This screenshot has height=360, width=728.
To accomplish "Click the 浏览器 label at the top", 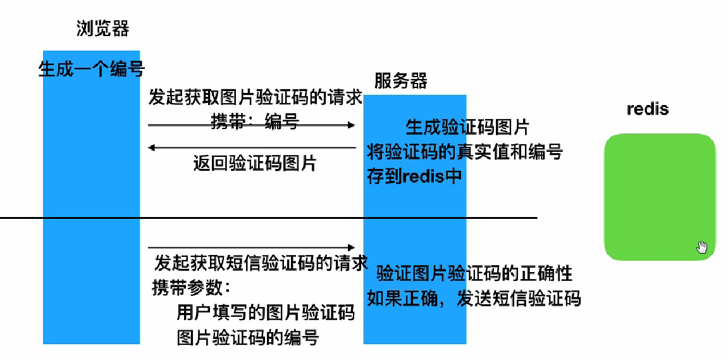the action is tap(103, 28).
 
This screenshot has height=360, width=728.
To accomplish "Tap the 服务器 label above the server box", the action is tap(400, 81).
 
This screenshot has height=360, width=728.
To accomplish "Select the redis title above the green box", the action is tap(648, 109).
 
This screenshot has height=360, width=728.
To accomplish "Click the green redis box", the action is tap(659, 196).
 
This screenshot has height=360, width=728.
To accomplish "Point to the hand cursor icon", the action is tap(701, 247).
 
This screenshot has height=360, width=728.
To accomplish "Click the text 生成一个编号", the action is tap(92, 69).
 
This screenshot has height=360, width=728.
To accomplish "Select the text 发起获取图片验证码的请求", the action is tap(256, 98).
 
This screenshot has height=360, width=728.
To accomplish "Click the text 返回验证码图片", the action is tap(254, 164).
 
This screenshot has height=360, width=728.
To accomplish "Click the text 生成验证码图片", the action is tap(467, 128).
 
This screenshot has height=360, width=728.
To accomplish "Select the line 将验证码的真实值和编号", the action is tap(465, 152).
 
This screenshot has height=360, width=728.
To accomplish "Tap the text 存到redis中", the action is tap(415, 175).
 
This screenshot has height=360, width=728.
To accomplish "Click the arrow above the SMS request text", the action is tap(252, 247).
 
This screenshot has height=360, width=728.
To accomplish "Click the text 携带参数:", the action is tap(192, 288).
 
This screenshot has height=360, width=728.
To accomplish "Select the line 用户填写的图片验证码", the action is tap(266, 313).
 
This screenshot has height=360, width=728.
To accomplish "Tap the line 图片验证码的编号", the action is tap(247, 337).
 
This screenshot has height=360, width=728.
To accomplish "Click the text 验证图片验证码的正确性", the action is tap(474, 273).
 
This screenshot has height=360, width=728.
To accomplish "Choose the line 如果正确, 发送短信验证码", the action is tap(474, 298).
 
